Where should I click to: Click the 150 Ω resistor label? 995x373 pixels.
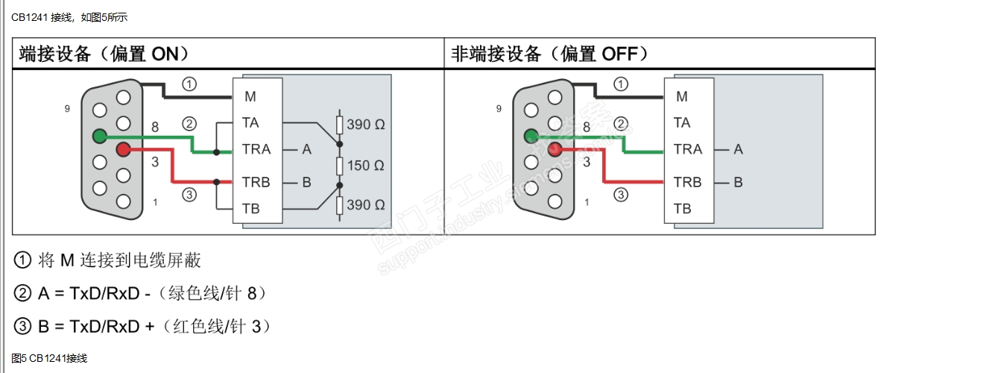coord(366,165)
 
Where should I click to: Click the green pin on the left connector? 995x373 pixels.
coord(99,136)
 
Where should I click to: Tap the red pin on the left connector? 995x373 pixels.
coord(123,150)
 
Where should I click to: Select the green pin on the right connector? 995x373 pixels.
coord(531,136)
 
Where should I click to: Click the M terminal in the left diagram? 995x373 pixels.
coord(250,96)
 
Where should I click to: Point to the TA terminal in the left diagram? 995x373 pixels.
coord(250,122)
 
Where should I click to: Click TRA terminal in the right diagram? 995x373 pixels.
coord(687,149)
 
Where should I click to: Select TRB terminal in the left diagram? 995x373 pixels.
coord(256,182)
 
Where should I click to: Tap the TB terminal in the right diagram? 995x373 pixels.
coord(682,208)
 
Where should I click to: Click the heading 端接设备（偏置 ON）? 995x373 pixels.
coord(104,54)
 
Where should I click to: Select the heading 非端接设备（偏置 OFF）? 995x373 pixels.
coord(550,54)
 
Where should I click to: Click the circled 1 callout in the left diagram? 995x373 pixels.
coord(189,84)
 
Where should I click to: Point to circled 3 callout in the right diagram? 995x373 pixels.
coord(621,195)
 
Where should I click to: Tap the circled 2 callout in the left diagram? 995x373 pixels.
coord(189,123)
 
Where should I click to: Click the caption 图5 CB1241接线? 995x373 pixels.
coord(49,358)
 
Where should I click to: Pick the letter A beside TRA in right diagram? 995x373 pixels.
coord(738,149)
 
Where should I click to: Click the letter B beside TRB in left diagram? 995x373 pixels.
coord(306,182)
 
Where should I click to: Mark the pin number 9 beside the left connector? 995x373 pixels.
coord(67,109)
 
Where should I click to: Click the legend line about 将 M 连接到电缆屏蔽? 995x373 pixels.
coord(108,260)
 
